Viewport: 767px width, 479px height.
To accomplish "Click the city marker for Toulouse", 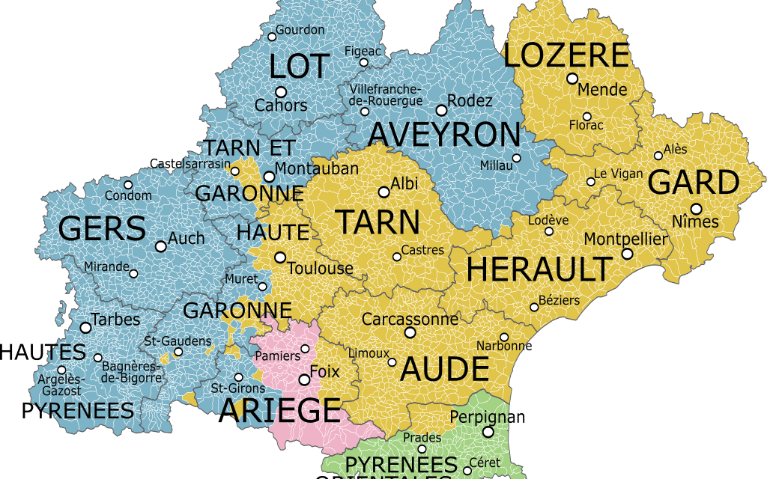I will pos(280,257).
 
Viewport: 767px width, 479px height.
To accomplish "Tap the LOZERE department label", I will pos(566,56).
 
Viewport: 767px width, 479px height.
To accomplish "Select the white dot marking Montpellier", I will pos(627,254).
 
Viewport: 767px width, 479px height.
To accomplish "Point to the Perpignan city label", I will pos(488,417).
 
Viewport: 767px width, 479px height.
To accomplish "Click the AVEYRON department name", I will pos(444,135).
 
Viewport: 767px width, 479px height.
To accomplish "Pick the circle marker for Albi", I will pos(384,192).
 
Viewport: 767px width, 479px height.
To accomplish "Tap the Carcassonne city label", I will pos(410,320).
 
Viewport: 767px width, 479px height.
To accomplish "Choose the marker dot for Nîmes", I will pos(697,209).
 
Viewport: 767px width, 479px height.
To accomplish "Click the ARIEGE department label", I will pos(279,411).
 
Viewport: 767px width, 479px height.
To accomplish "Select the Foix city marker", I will pos(304,380).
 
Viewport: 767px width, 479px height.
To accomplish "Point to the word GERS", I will pos(102,229).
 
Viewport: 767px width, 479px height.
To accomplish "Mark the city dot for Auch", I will pos(160,246).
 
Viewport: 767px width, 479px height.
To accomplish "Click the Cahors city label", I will pos(281,106).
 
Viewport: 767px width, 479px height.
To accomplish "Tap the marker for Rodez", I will pos(441,110).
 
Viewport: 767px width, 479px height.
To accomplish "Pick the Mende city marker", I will pos(572,79).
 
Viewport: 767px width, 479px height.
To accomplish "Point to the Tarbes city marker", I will pos(85,328).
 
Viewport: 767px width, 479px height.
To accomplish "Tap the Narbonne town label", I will pos(504,346).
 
